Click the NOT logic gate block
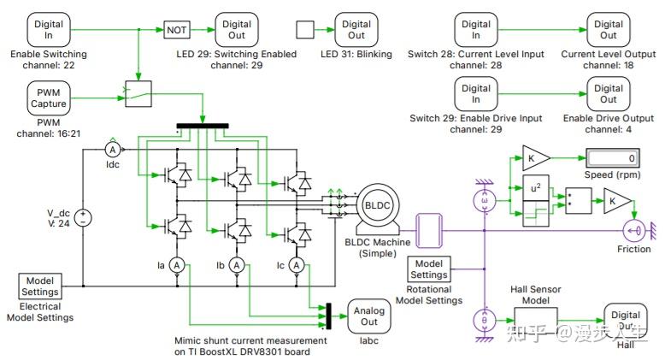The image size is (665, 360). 176,30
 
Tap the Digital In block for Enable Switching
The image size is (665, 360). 49,30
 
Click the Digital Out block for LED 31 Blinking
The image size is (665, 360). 356,30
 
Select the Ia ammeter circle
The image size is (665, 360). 176,266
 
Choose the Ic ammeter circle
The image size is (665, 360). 297,266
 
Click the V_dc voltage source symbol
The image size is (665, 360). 84,217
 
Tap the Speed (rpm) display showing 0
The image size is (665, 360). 611,158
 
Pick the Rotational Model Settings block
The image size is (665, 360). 429,269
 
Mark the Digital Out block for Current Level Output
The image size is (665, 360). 608,30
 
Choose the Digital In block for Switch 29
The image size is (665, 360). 476,93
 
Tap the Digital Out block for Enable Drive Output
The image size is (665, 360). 608,93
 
